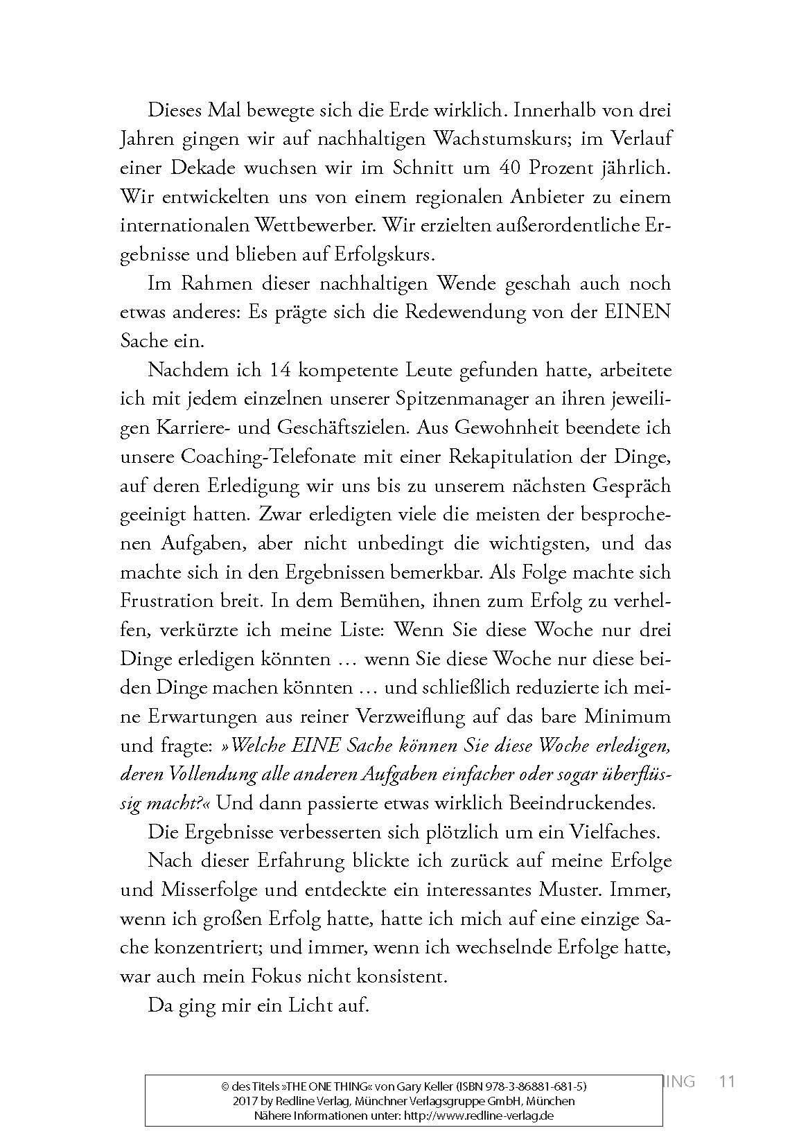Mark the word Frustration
(175, 601)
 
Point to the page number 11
(727, 1082)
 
